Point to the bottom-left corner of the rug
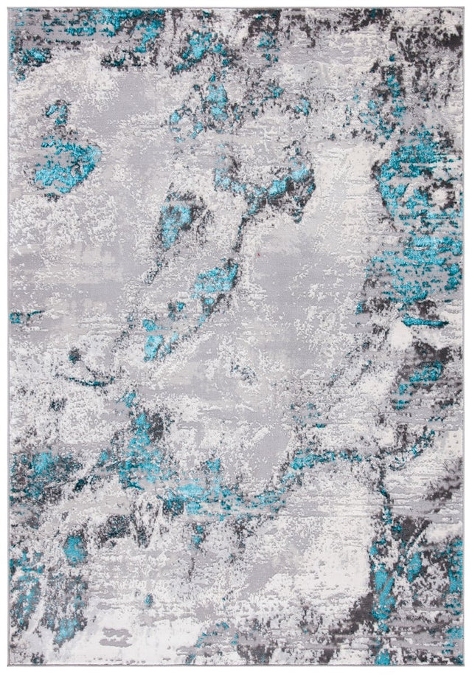click(10, 666)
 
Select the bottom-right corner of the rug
click(462, 666)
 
